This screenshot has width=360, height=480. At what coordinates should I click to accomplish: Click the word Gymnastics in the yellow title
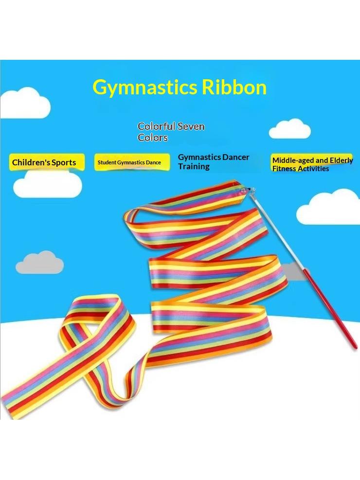[145, 88]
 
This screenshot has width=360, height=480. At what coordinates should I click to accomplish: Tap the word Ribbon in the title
[234, 87]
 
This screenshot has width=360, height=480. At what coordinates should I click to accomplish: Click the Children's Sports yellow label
[47, 162]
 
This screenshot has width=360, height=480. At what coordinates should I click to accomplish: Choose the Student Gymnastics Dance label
[132, 162]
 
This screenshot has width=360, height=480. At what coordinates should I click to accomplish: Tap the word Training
[194, 166]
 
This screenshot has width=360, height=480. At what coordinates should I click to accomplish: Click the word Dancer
[236, 157]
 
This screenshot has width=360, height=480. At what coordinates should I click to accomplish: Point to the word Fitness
[285, 168]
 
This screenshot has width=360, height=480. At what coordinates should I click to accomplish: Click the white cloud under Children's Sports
[48, 183]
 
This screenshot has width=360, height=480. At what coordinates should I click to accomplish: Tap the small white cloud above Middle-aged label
[289, 128]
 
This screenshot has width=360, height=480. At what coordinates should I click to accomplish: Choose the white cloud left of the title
[24, 103]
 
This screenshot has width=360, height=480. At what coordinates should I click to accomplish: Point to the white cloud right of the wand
[329, 206]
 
